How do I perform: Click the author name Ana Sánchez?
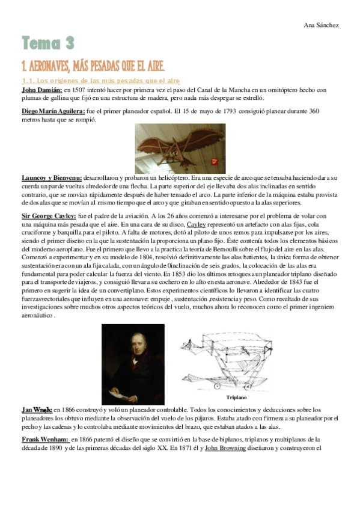point(322,25)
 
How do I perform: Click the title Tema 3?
point(47,43)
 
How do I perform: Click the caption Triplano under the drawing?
point(237,398)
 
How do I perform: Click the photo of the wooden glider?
point(180,148)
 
